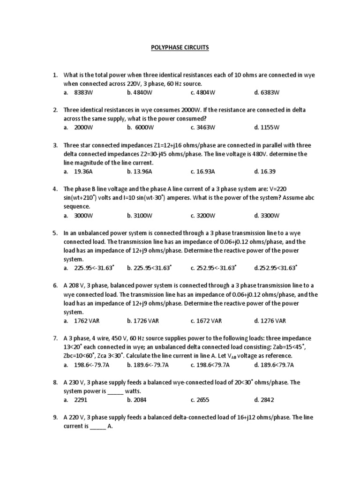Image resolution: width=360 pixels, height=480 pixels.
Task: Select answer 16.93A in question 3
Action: point(202,172)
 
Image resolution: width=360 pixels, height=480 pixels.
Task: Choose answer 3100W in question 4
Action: point(139,216)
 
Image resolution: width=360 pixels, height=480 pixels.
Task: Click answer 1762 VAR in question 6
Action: point(87,321)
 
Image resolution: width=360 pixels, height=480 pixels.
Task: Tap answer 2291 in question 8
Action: point(81,400)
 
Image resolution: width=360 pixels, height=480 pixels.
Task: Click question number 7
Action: point(54,338)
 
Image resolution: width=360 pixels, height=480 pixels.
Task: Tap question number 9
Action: point(54,417)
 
